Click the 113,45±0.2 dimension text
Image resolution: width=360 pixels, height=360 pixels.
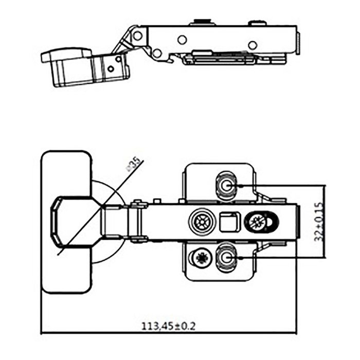168,325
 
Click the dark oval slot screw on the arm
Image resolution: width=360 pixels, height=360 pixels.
262,222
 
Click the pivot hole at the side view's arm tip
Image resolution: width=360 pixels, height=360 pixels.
138,35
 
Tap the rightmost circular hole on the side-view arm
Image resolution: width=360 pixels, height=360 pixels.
253,45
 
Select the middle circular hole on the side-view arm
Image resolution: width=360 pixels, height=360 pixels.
182,40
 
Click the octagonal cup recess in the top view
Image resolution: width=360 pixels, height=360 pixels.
72,221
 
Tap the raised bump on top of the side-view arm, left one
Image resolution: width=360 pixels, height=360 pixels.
202,22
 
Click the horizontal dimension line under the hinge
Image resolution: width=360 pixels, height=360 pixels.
168,333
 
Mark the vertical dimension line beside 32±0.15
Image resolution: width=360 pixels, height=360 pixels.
325,221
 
